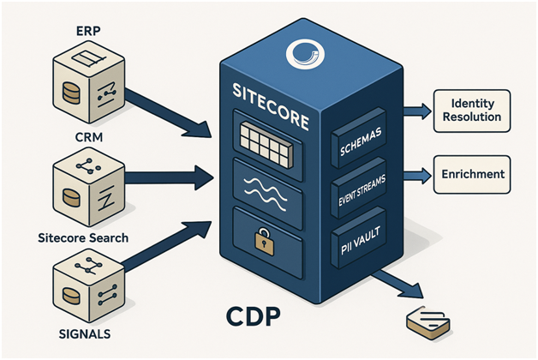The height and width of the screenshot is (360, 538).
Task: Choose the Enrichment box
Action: pos(473,174)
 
